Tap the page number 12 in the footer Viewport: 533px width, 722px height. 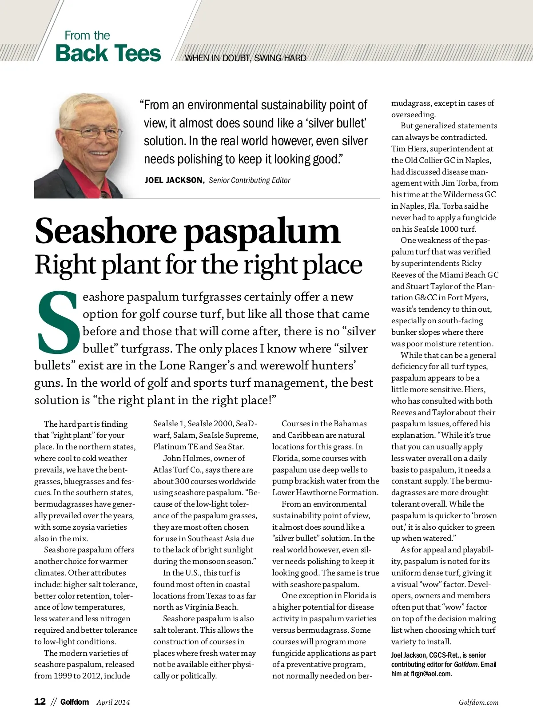click(40, 701)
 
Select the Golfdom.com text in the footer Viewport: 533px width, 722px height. click(478, 702)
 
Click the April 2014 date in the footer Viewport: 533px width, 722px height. click(113, 702)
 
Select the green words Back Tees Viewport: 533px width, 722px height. click(108, 53)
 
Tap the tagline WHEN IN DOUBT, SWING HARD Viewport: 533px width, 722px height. click(245, 58)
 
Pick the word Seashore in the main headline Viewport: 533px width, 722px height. click(106, 231)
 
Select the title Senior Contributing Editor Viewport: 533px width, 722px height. click(249, 180)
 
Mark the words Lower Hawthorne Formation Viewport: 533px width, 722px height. click(325, 492)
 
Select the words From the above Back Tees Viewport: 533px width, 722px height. click(87, 36)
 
